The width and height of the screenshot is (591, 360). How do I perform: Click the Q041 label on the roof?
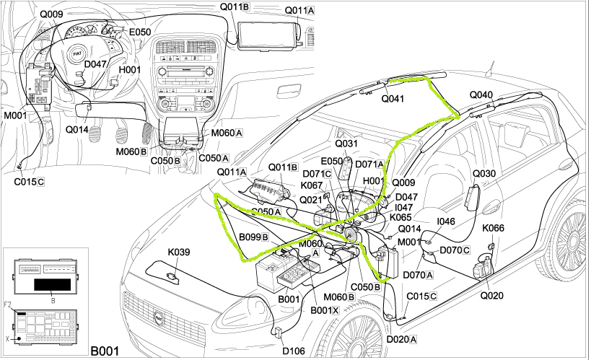393,99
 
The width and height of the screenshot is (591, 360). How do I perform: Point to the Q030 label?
483,174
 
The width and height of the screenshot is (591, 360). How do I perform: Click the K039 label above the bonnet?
179,253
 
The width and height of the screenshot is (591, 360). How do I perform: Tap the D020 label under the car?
399,338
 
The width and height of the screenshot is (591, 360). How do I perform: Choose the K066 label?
494,229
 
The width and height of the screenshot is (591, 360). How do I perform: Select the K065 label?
400,216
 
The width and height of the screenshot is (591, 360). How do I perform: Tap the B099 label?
254,236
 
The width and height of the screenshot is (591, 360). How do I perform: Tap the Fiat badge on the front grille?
159,316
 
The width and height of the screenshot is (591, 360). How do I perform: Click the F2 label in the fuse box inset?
9,305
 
